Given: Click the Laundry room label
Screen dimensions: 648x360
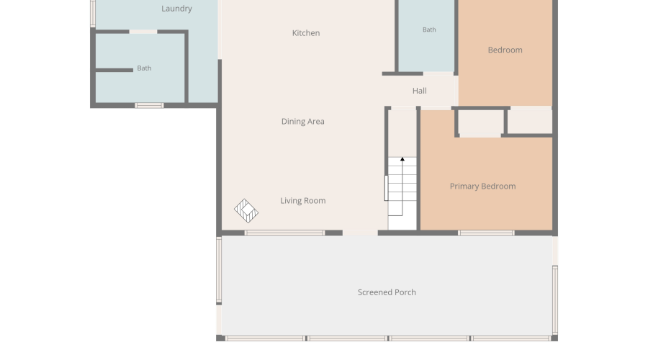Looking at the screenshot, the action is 176,9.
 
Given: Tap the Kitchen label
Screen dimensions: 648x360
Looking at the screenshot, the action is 306,33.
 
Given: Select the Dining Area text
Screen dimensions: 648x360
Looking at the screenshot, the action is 303,122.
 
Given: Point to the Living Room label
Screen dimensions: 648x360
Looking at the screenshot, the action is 303,201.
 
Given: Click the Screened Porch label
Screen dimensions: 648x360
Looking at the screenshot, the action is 387,292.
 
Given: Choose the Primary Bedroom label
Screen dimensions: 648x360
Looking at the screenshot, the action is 482,186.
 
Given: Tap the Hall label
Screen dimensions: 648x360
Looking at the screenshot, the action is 420,91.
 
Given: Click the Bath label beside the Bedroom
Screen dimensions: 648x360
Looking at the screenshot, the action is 429,30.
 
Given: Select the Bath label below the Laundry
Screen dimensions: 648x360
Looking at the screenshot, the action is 144,68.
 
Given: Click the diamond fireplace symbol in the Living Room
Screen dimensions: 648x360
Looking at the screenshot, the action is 246,211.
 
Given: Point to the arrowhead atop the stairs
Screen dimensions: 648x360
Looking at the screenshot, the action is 402,159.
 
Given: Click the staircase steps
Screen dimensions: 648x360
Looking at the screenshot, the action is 402,186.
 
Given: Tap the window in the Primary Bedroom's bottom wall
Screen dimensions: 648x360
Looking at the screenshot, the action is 486,233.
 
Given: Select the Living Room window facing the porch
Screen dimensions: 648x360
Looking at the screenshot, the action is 284,233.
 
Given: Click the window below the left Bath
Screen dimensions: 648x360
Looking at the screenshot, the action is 149,106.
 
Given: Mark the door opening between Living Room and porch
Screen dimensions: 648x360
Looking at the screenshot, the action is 360,233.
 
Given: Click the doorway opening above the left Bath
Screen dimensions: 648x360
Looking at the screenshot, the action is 143,32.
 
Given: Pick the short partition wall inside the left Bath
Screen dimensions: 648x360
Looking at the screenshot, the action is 114,71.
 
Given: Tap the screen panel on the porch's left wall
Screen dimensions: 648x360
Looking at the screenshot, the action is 219,269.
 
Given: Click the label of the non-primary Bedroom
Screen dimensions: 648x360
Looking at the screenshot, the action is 505,50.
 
